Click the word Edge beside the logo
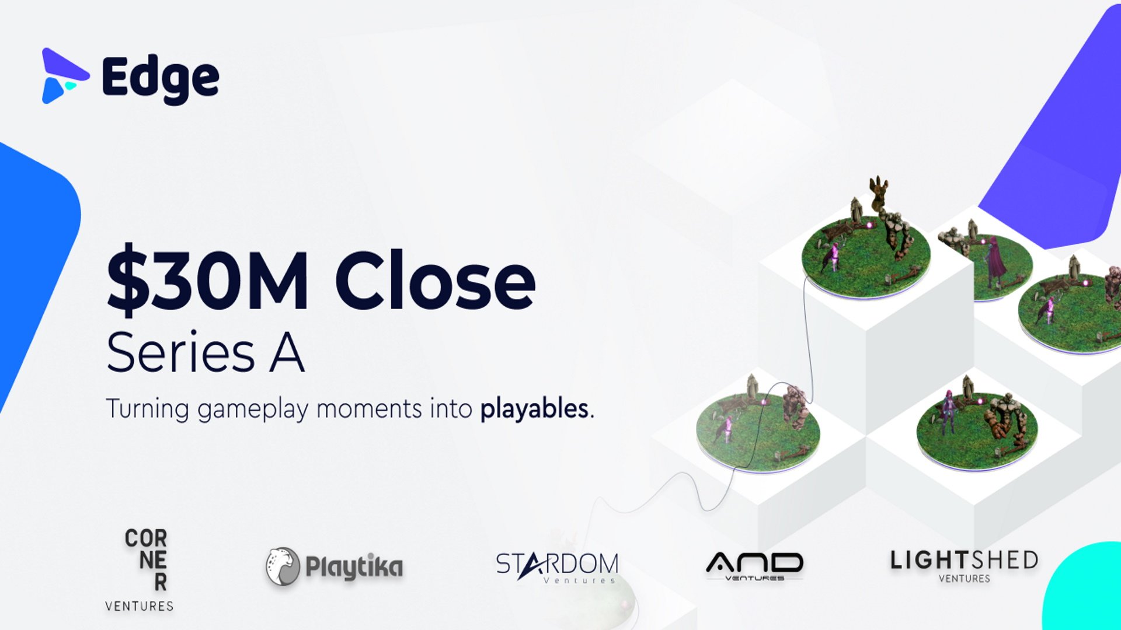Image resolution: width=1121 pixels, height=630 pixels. tap(160, 80)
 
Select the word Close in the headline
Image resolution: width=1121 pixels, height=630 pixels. tap(435, 281)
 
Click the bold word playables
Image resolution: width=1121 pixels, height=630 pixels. tap(534, 408)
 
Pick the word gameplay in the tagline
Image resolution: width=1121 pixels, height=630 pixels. tap(252, 409)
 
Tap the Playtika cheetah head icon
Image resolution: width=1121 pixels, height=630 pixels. tap(283, 566)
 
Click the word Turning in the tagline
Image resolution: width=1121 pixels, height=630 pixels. tap(147, 408)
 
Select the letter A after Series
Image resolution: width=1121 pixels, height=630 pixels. tap(287, 352)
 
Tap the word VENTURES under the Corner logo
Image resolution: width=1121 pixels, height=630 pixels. tap(140, 606)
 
